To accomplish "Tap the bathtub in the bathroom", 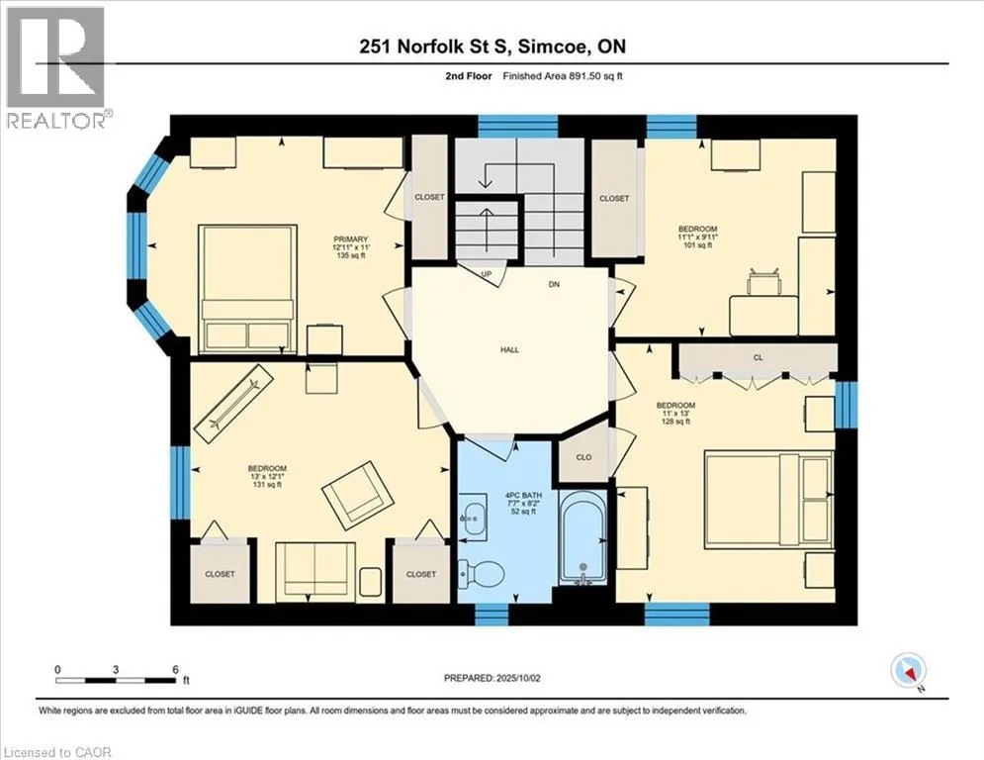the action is (x=582, y=537).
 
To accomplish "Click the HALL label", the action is (x=509, y=350).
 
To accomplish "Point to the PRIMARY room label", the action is (x=351, y=239).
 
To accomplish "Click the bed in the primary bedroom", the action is (x=247, y=290).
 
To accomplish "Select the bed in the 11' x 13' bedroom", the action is (x=769, y=500).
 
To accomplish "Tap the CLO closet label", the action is (x=583, y=457).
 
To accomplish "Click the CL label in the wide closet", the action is (x=759, y=357).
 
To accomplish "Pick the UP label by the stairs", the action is (x=486, y=274).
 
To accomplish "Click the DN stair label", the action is (x=554, y=285).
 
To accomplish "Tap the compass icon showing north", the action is (x=908, y=670).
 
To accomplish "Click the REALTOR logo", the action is (x=55, y=67).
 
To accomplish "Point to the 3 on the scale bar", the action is (x=116, y=670).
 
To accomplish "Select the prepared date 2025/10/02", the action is (x=518, y=678).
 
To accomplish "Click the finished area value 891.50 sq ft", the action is (x=595, y=76).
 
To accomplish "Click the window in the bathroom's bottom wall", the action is (x=491, y=615).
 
